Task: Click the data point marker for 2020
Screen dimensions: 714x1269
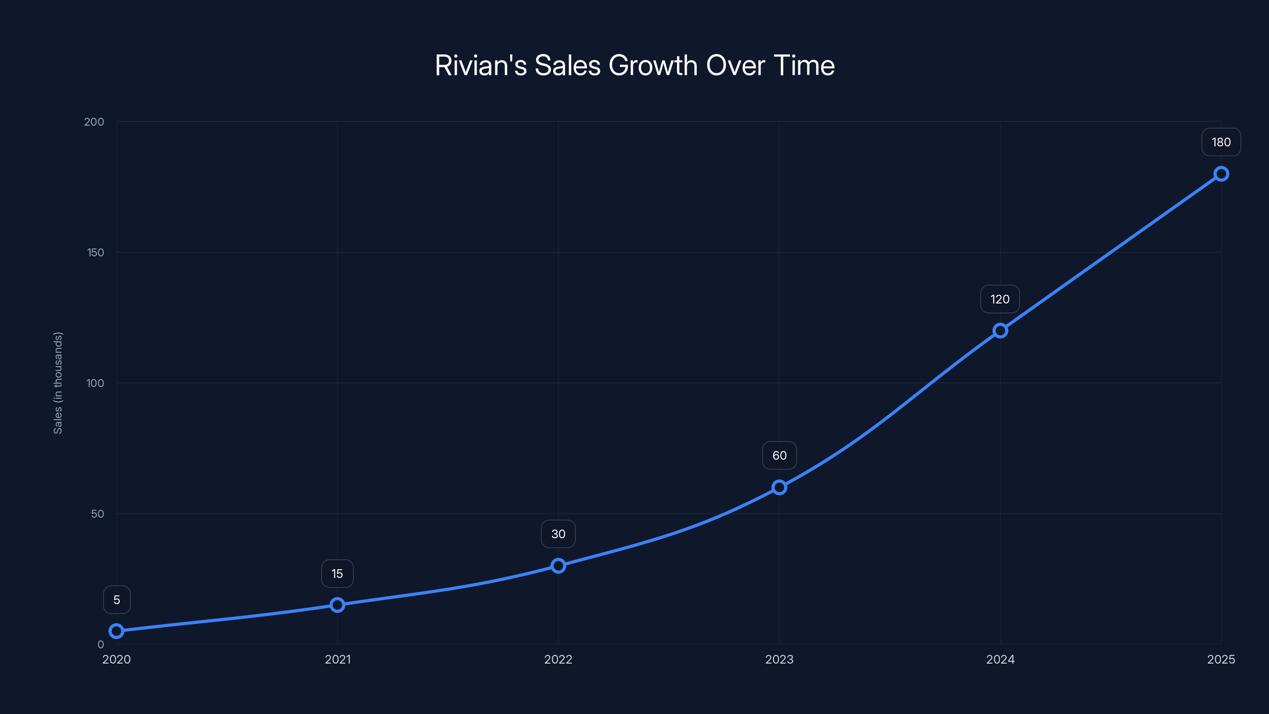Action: pyautogui.click(x=116, y=631)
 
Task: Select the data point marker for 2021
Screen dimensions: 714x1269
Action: pyautogui.click(x=337, y=605)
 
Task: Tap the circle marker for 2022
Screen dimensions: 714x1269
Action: pyautogui.click(x=558, y=566)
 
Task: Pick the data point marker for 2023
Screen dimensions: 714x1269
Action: pyautogui.click(x=779, y=488)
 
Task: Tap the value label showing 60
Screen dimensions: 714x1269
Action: pyautogui.click(x=779, y=456)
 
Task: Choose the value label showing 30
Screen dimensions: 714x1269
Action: pyautogui.click(x=558, y=534)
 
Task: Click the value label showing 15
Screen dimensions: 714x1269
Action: pyautogui.click(x=337, y=574)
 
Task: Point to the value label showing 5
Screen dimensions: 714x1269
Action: pyautogui.click(x=117, y=600)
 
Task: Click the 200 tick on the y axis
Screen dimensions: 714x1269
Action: pyautogui.click(x=94, y=122)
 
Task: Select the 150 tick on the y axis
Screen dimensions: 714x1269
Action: pyautogui.click(x=96, y=252)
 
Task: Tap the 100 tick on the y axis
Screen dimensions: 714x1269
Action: pyautogui.click(x=95, y=383)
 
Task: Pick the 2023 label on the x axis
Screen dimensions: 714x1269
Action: pyautogui.click(x=779, y=659)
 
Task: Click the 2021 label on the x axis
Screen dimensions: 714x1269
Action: pyautogui.click(x=337, y=659)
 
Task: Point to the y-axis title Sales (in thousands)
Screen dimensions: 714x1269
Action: pyautogui.click(x=58, y=383)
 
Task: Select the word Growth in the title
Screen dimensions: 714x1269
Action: pyautogui.click(x=653, y=65)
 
